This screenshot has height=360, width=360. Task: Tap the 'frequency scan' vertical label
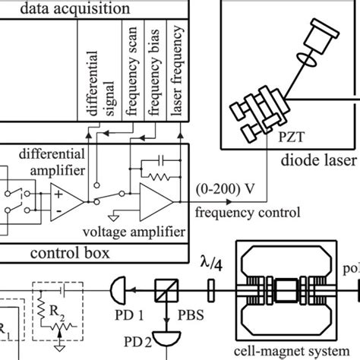pyautogui.click(x=130, y=71)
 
